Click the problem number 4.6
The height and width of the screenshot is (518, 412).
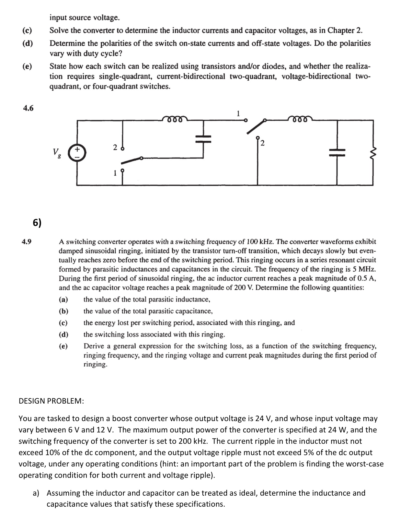click(x=28, y=108)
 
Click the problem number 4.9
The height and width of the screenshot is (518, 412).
click(x=26, y=241)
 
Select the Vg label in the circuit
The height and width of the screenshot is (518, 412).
click(x=57, y=152)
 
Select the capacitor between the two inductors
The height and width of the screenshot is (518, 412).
click(x=203, y=139)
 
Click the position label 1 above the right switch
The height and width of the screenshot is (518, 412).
click(x=238, y=113)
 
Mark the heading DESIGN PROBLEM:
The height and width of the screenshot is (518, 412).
click(x=51, y=401)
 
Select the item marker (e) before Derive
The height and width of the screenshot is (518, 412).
click(x=63, y=346)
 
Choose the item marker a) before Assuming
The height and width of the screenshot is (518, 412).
click(x=36, y=493)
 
